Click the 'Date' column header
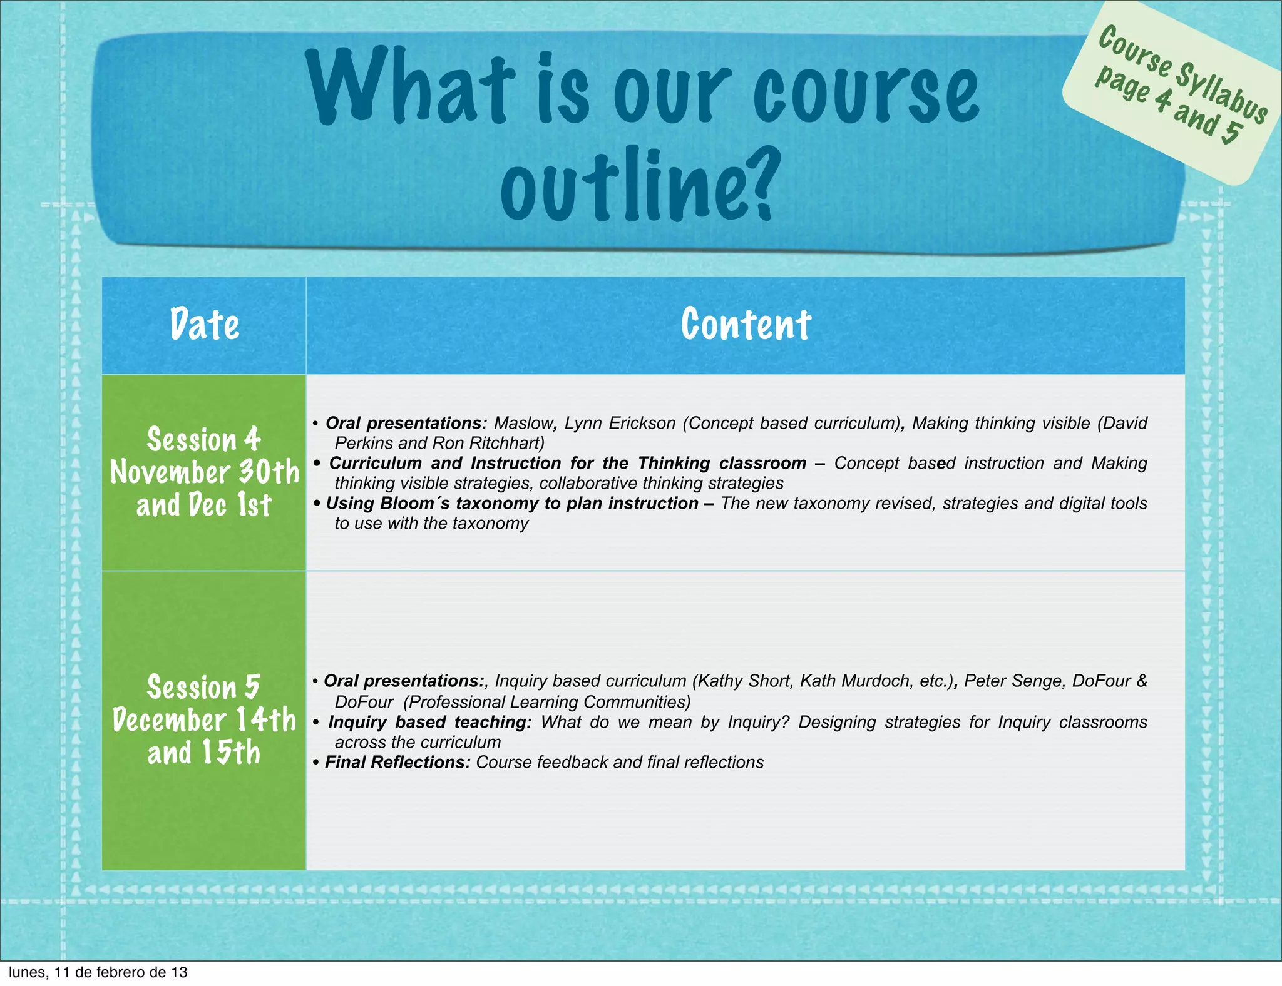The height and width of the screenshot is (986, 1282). tap(204, 325)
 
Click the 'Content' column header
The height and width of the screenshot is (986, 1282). tap(746, 325)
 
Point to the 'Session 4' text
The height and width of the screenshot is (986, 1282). tap(204, 439)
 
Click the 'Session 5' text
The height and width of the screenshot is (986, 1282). tap(204, 687)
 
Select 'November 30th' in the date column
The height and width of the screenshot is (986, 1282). tap(205, 472)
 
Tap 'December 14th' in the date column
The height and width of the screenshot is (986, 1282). tap(204, 720)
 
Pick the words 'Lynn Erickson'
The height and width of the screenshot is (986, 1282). tap(620, 424)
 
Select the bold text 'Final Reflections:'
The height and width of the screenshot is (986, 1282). tap(397, 763)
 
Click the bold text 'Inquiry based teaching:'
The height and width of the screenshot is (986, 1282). tap(430, 723)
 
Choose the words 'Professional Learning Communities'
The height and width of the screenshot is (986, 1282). tap(546, 703)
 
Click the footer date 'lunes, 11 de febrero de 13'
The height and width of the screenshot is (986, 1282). tap(98, 972)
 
